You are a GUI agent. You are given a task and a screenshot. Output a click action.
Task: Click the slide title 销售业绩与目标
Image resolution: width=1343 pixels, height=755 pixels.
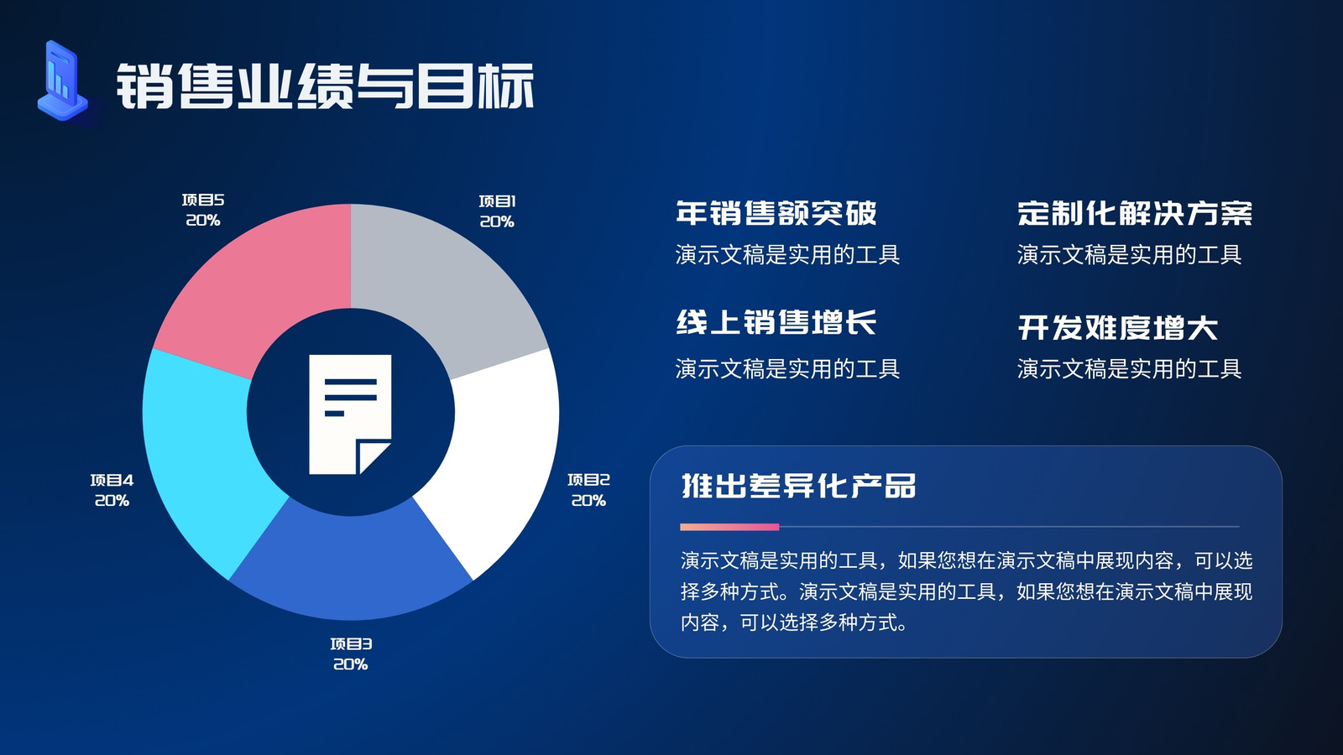point(325,86)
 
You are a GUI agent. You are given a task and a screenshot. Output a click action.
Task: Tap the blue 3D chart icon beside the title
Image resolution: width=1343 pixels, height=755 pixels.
point(63,81)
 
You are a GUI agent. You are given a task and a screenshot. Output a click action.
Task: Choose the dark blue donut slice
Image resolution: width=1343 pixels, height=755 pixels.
point(351,563)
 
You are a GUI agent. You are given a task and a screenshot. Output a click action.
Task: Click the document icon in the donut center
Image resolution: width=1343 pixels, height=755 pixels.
point(350,414)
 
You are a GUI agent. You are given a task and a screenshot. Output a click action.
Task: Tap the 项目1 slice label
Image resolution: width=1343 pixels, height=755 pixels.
point(497,211)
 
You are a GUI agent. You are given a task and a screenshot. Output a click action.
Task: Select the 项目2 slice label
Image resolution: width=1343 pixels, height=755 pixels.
point(588,490)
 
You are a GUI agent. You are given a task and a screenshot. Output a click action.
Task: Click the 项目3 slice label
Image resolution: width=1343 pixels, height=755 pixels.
point(351,654)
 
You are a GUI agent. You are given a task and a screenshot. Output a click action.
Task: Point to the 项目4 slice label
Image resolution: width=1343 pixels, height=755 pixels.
point(112,490)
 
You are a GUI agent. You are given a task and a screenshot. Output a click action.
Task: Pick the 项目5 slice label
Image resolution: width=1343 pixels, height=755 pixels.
point(203,211)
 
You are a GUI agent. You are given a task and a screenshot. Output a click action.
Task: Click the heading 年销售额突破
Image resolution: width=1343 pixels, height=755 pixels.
point(776,213)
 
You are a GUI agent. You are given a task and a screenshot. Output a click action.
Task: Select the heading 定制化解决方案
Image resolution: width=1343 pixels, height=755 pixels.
point(1135,213)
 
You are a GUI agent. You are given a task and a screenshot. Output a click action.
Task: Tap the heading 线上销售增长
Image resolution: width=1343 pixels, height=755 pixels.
point(776,322)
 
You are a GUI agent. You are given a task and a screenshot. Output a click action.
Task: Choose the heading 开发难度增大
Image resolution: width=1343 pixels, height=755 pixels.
point(1117,328)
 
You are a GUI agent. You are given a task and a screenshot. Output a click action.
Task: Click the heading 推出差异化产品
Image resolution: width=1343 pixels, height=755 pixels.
point(798,486)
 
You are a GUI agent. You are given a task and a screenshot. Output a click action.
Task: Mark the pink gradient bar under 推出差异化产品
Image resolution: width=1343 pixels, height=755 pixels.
point(729,527)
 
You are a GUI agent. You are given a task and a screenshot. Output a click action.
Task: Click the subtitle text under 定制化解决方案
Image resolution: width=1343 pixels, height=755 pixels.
point(1129,255)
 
